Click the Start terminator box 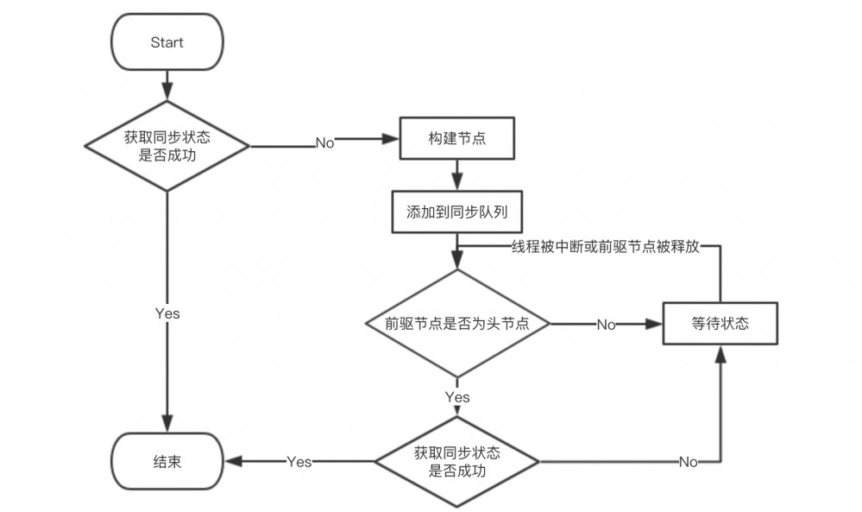[x=167, y=42]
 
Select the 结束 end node [x=167, y=462]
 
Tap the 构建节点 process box [x=456, y=138]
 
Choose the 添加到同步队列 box [x=456, y=212]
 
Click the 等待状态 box [x=720, y=324]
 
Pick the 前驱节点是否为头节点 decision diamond [x=456, y=324]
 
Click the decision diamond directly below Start [x=167, y=144]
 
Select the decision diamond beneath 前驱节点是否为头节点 [x=456, y=462]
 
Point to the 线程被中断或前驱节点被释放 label [x=605, y=246]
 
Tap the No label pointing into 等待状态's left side [x=606, y=325]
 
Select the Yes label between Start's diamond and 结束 [x=167, y=313]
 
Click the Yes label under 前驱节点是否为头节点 [x=456, y=397]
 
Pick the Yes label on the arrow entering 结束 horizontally [x=299, y=462]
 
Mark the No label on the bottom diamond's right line [x=688, y=462]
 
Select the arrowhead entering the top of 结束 [x=167, y=425]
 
